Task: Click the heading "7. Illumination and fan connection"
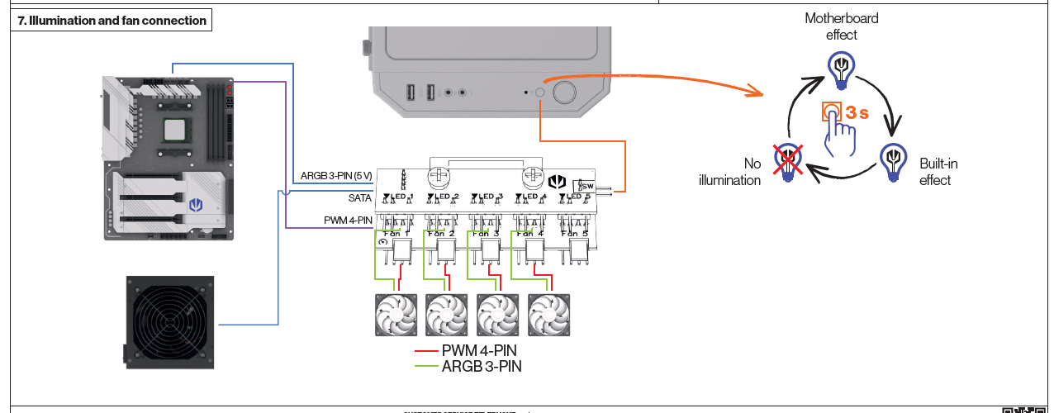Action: pyautogui.click(x=112, y=21)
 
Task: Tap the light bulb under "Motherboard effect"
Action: pyautogui.click(x=841, y=68)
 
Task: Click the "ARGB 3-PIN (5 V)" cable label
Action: pyautogui.click(x=336, y=175)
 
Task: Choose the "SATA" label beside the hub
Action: pyautogui.click(x=359, y=198)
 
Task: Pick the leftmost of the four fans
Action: pyautogui.click(x=396, y=316)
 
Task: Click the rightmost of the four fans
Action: pyautogui.click(x=549, y=316)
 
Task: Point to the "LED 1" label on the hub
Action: pyautogui.click(x=399, y=197)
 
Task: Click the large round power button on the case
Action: pyautogui.click(x=564, y=92)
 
